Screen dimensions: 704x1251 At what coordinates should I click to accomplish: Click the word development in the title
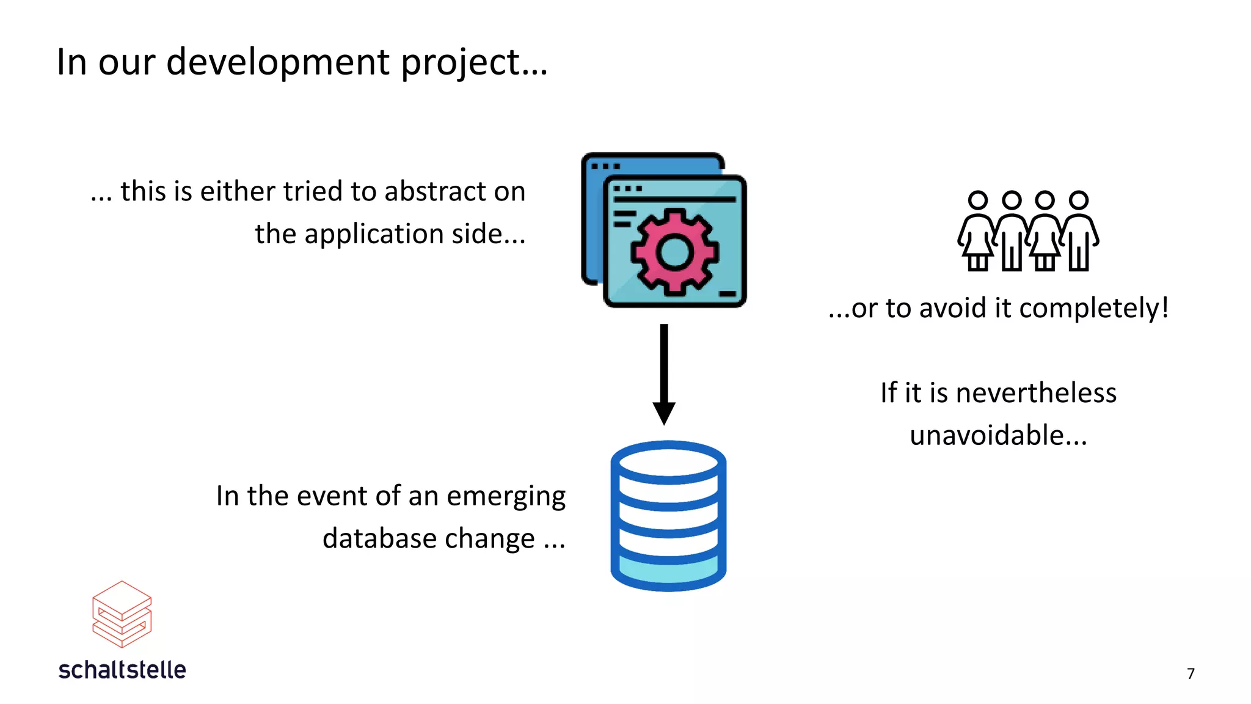(278, 62)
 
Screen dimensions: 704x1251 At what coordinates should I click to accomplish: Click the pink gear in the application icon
(674, 252)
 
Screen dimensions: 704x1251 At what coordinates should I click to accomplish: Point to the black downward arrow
(664, 374)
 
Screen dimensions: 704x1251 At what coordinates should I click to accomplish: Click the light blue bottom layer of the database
(668, 572)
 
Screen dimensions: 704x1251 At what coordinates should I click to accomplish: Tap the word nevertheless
(1036, 393)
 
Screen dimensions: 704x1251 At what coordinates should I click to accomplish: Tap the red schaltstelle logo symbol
(122, 614)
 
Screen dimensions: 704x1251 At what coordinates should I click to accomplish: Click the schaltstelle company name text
(122, 670)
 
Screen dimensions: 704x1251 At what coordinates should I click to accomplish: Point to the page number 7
(1191, 673)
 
